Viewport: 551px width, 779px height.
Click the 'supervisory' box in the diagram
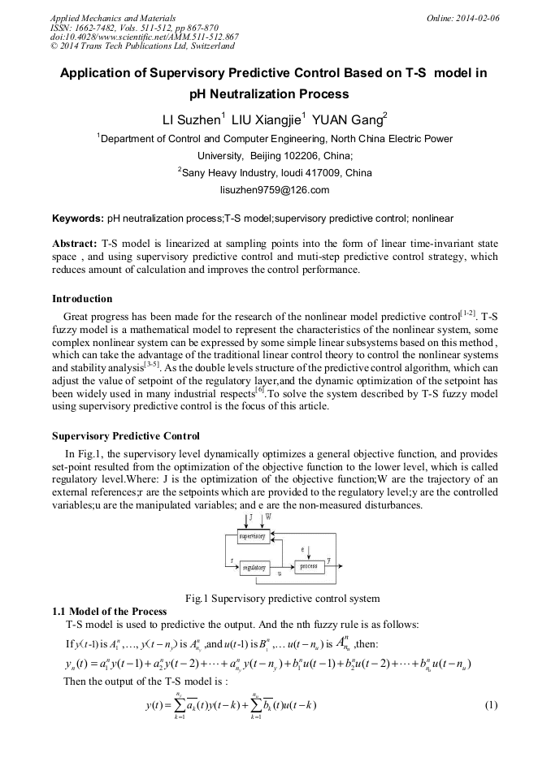[252, 537]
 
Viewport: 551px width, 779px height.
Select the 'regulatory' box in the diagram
[254, 568]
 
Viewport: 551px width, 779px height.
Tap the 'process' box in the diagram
[308, 565]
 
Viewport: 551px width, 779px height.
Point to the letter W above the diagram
[269, 517]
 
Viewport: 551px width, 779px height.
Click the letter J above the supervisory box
[250, 517]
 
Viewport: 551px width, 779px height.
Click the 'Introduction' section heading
[82, 298]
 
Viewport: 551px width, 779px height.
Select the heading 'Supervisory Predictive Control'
[125, 436]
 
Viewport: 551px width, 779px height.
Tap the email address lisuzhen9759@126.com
[275, 190]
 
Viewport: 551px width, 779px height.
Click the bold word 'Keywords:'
[77, 219]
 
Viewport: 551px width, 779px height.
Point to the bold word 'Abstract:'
[75, 244]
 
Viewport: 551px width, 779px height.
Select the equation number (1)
[489, 703]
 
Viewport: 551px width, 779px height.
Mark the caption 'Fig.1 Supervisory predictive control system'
[282, 599]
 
